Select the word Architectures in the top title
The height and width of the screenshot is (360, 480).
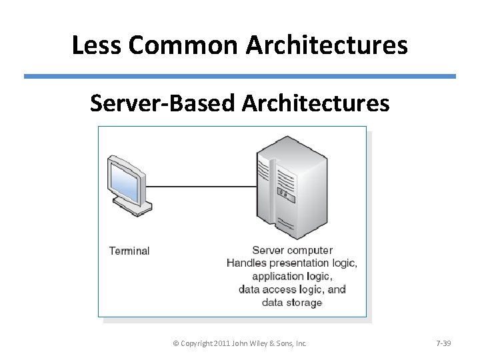(327, 45)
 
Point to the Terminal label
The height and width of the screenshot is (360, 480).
(129, 251)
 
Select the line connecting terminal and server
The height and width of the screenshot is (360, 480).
(200, 186)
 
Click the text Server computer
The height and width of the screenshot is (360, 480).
(292, 251)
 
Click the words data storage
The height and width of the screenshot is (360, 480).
(292, 302)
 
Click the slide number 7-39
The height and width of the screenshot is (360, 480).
(443, 343)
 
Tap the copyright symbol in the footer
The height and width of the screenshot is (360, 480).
(176, 343)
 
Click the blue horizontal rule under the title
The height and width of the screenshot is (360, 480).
(240, 77)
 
